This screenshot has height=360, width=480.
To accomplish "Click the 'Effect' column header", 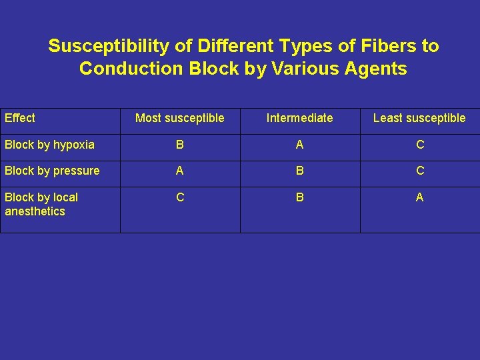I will [x=20, y=118].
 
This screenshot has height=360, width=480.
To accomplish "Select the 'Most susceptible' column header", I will [x=179, y=118].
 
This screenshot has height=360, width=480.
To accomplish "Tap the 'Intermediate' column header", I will [x=299, y=118].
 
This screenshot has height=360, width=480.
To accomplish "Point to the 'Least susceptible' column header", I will [x=419, y=118].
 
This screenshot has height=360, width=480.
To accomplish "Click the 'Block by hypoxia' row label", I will [x=49, y=145].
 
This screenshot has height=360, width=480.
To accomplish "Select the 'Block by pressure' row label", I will [x=52, y=171].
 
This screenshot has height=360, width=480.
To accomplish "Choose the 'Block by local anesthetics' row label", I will [x=41, y=204].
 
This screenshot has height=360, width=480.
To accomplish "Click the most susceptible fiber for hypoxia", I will [x=179, y=145].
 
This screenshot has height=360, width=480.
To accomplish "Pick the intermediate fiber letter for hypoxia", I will [x=299, y=145].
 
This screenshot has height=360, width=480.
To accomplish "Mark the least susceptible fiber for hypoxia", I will [x=419, y=145].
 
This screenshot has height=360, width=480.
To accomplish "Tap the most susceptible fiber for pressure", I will [x=179, y=171].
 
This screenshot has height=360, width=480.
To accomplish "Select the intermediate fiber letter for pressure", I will [x=299, y=171].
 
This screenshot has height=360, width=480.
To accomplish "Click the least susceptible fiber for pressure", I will [x=419, y=171].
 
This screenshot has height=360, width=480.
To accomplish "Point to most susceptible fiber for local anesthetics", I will [x=179, y=197].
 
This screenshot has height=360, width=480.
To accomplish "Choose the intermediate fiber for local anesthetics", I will [x=299, y=197].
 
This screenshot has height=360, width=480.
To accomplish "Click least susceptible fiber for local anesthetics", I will [x=419, y=197].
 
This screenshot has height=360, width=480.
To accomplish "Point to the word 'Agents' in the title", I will [x=376, y=69].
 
